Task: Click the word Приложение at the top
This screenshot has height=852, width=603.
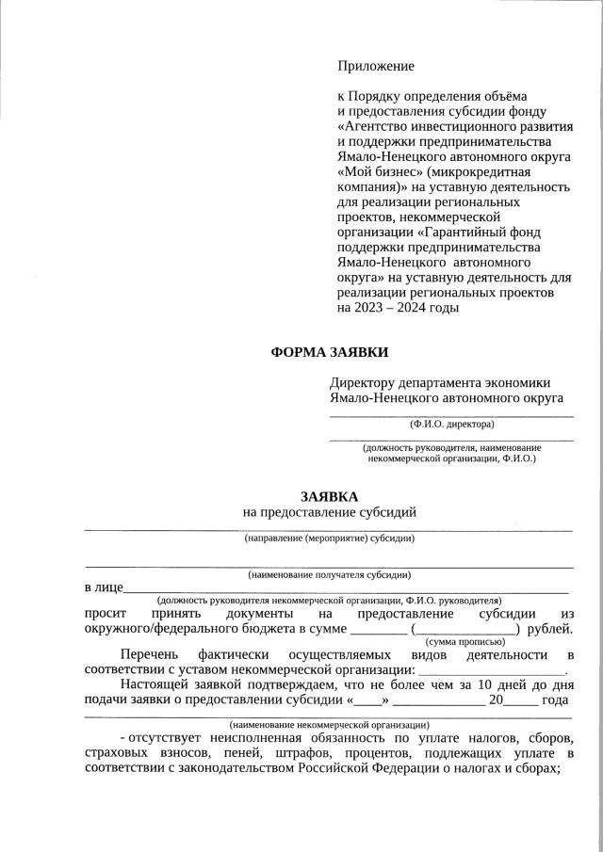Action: pyautogui.click(x=375, y=66)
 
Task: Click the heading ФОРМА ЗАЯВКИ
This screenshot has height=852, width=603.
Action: pyautogui.click(x=329, y=353)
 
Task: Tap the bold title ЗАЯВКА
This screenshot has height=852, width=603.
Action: pyautogui.click(x=329, y=495)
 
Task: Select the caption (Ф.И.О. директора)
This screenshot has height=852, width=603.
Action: pyautogui.click(x=451, y=425)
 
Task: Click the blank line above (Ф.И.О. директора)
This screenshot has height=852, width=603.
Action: pyautogui.click(x=451, y=414)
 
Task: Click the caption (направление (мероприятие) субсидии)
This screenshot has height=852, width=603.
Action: pyautogui.click(x=329, y=539)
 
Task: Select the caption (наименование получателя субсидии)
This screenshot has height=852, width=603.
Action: pyautogui.click(x=329, y=574)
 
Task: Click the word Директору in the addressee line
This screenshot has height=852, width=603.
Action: pyautogui.click(x=367, y=382)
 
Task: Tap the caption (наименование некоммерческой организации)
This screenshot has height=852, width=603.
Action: pyautogui.click(x=329, y=725)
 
